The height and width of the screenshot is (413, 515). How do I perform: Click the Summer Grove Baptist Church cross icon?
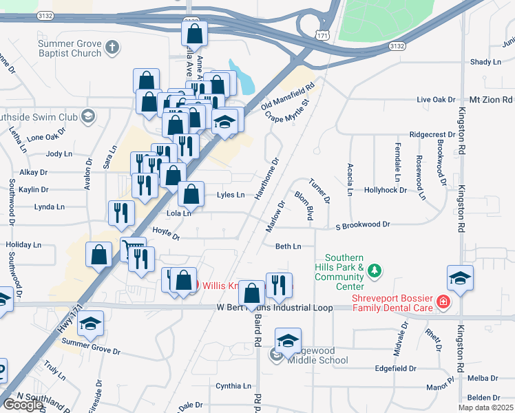112,47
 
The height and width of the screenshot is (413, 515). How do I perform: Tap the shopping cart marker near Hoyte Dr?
132,247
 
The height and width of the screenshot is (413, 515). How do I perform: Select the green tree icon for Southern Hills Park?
374,271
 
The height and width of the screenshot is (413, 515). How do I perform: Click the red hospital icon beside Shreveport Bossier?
442,301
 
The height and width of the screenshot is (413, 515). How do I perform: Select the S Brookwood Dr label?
362,225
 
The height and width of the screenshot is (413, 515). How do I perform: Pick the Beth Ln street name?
288,246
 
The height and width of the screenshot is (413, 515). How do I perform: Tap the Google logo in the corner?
23,405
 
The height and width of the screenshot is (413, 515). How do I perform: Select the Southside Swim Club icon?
87,116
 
